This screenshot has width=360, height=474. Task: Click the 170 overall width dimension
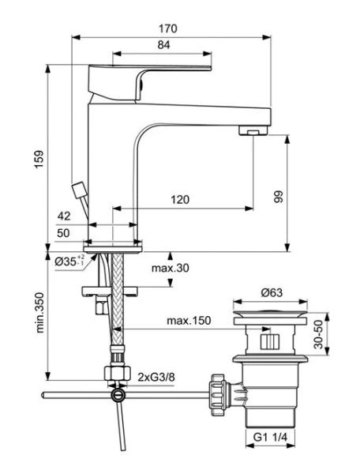click(x=167, y=28)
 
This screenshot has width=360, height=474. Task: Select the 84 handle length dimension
click(x=163, y=46)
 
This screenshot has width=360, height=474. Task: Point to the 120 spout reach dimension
click(x=180, y=200)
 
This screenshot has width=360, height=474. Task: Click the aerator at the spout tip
click(x=253, y=130)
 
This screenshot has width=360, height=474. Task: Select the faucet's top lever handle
click(x=150, y=72)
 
